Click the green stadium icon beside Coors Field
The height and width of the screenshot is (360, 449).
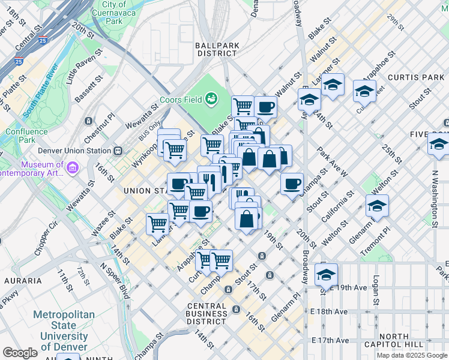point(211,97)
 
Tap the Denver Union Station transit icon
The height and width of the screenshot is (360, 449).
point(118,151)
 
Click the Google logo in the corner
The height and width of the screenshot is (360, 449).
point(19,352)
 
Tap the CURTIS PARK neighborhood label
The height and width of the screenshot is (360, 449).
point(415,78)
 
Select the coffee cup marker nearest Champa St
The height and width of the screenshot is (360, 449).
point(292,184)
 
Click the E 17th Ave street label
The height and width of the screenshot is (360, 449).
point(330,340)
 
